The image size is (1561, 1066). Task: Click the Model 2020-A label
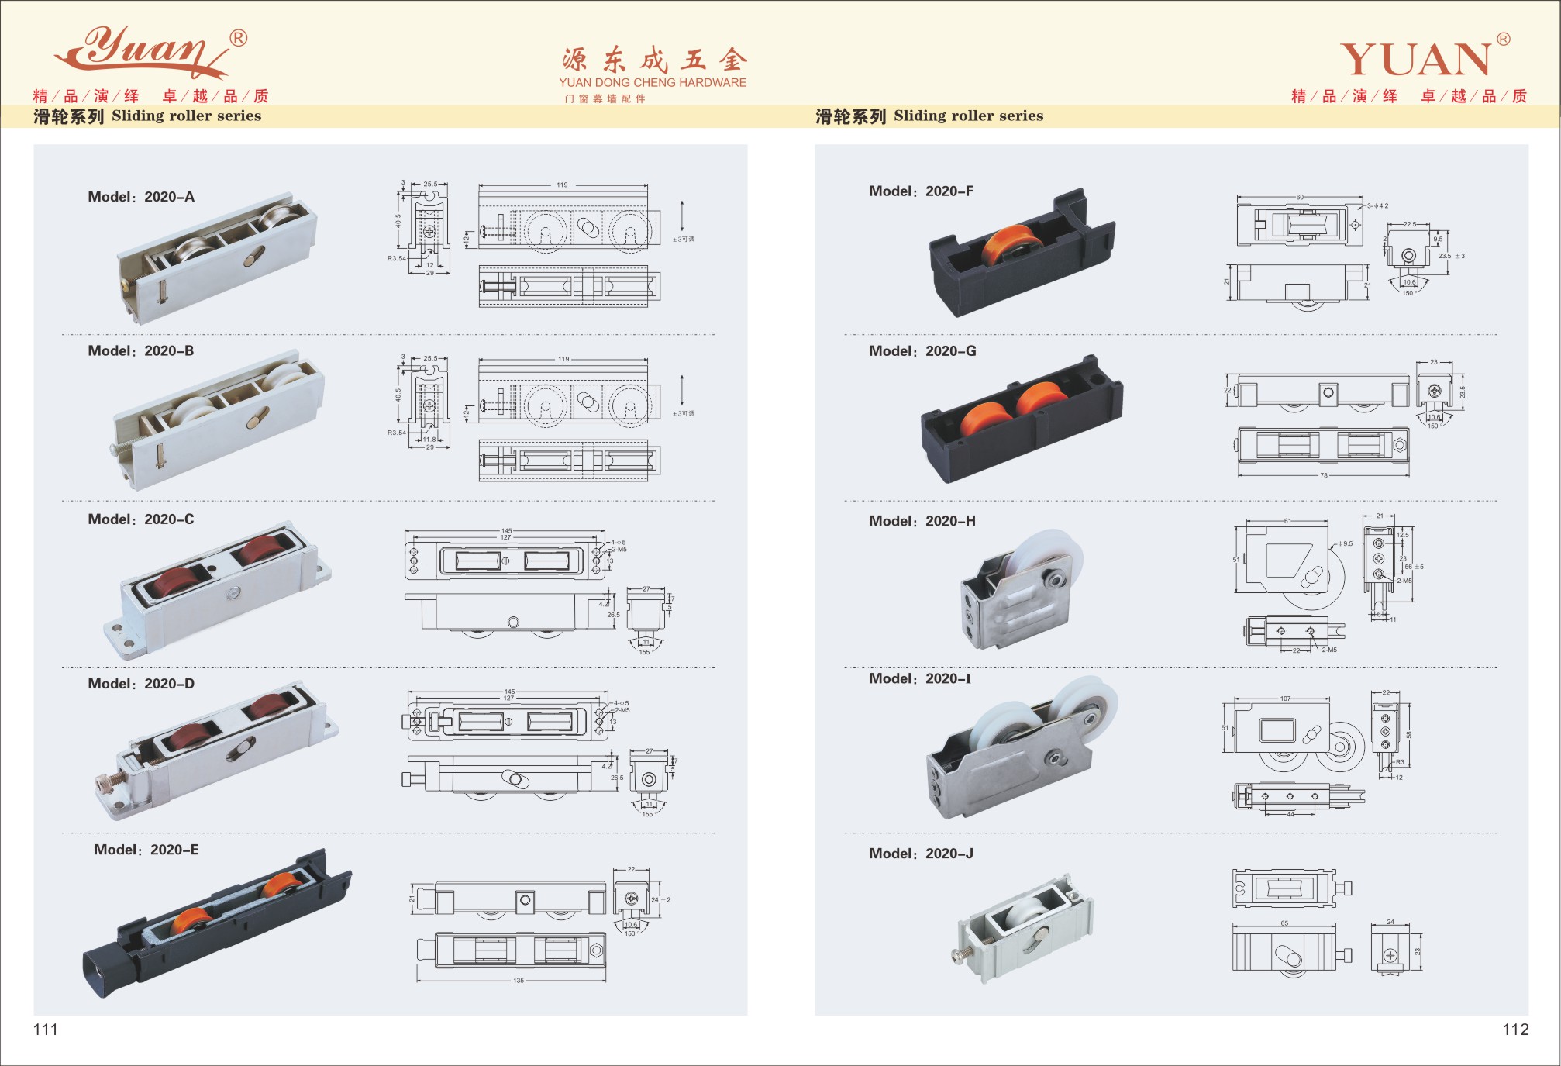[x=141, y=197]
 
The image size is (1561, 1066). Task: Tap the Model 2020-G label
[x=922, y=351]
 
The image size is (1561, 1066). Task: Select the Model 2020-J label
[x=921, y=854]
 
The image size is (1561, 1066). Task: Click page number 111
[x=46, y=1030]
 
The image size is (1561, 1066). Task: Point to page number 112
[x=1515, y=1030]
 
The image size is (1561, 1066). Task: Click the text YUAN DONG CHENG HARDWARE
[x=653, y=82]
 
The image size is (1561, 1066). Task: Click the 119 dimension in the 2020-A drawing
[x=562, y=185]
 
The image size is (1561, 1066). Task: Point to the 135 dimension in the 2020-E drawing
[x=519, y=981]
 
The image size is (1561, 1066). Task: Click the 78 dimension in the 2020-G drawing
[x=1324, y=475]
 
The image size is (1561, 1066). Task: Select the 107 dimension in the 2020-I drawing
[x=1286, y=699]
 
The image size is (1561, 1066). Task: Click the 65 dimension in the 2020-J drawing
[x=1284, y=923]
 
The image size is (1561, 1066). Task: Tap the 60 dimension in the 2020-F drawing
[x=1300, y=198]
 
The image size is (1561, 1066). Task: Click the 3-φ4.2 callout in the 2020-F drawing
[x=1377, y=206]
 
